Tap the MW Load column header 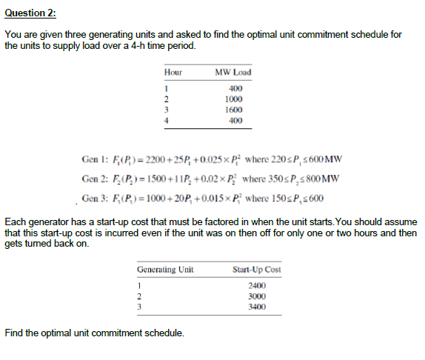(x=232, y=73)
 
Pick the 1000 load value (x=233, y=99)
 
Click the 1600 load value (x=233, y=109)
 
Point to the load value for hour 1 (x=235, y=89)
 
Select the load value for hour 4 (x=235, y=119)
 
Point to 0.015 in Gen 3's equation (x=209, y=199)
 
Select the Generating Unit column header (x=166, y=270)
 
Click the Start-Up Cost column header (x=256, y=270)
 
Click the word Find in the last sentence (x=14, y=333)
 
